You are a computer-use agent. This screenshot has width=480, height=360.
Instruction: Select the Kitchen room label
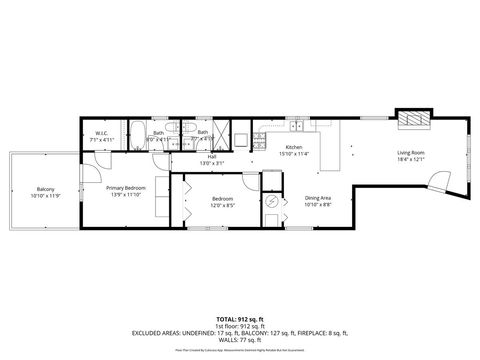tap(294, 148)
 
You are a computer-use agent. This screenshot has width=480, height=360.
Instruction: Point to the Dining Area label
tap(319, 197)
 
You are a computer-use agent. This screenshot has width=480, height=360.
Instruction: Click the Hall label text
tap(212, 157)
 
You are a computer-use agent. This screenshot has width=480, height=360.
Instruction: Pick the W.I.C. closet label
tap(101, 133)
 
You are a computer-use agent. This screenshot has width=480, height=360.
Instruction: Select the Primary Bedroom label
tap(126, 187)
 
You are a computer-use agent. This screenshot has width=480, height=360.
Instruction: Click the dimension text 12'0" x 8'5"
tap(222, 204)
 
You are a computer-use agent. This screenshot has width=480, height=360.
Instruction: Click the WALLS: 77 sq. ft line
tap(239, 340)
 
